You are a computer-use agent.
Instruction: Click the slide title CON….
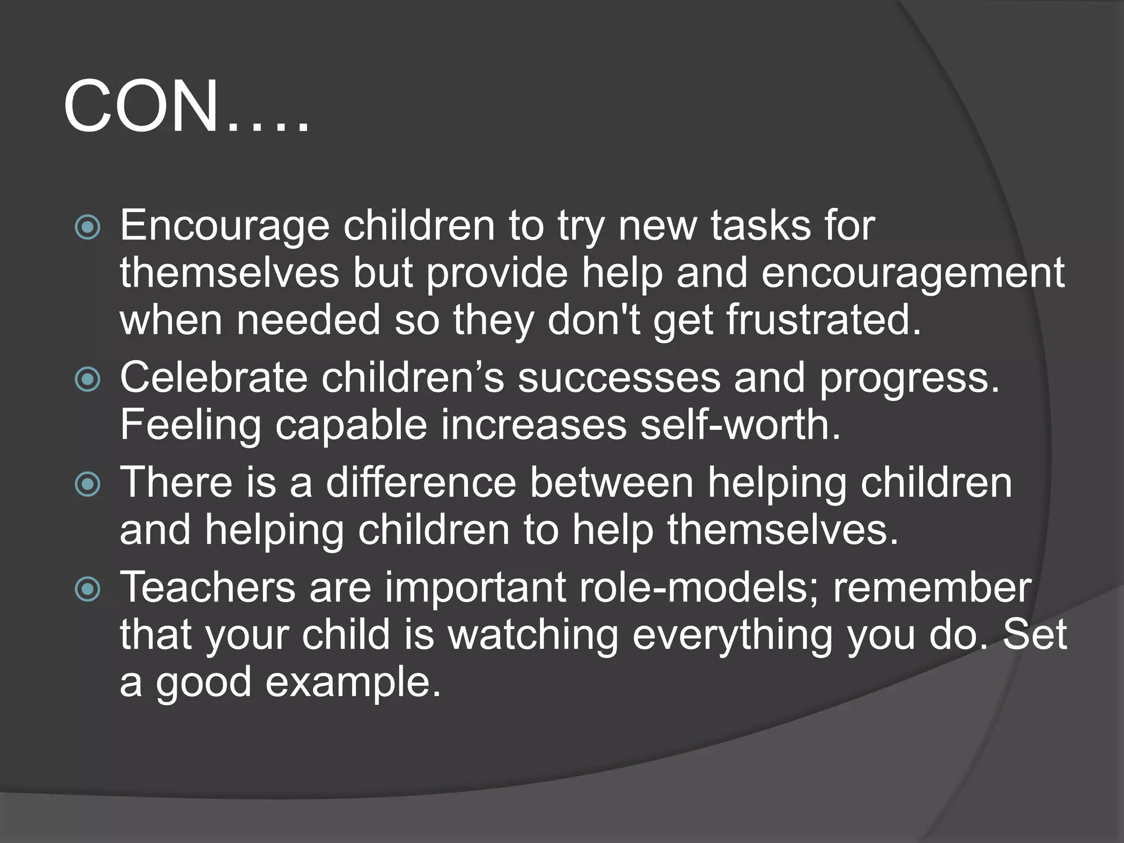pyautogui.click(x=187, y=106)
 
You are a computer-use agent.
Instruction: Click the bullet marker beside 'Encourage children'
pyautogui.click(x=88, y=227)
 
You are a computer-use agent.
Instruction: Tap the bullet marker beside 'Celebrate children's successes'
pyautogui.click(x=88, y=379)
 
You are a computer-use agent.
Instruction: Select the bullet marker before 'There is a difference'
pyautogui.click(x=88, y=484)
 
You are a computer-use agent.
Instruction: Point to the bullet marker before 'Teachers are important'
pyautogui.click(x=88, y=589)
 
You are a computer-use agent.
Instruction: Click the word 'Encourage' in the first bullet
pyautogui.click(x=224, y=226)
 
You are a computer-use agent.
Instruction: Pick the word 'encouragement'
pyautogui.click(x=913, y=273)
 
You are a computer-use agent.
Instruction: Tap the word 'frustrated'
pyautogui.click(x=823, y=320)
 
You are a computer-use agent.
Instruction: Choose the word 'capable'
pyautogui.click(x=351, y=426)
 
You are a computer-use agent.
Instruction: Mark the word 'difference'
pyautogui.click(x=421, y=482)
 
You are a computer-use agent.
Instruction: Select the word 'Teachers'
pyautogui.click(x=208, y=587)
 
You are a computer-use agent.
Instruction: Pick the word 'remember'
pyautogui.click(x=932, y=587)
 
